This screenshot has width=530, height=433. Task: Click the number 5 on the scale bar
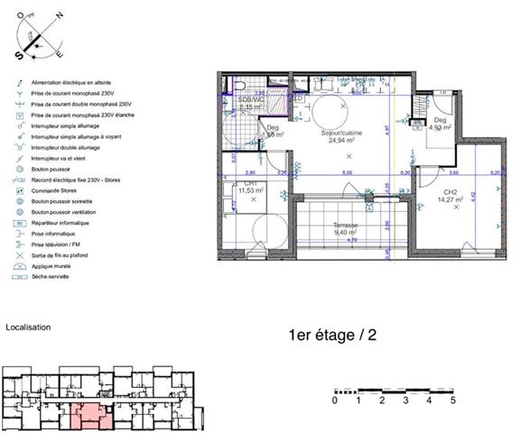click(x=453, y=400)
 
